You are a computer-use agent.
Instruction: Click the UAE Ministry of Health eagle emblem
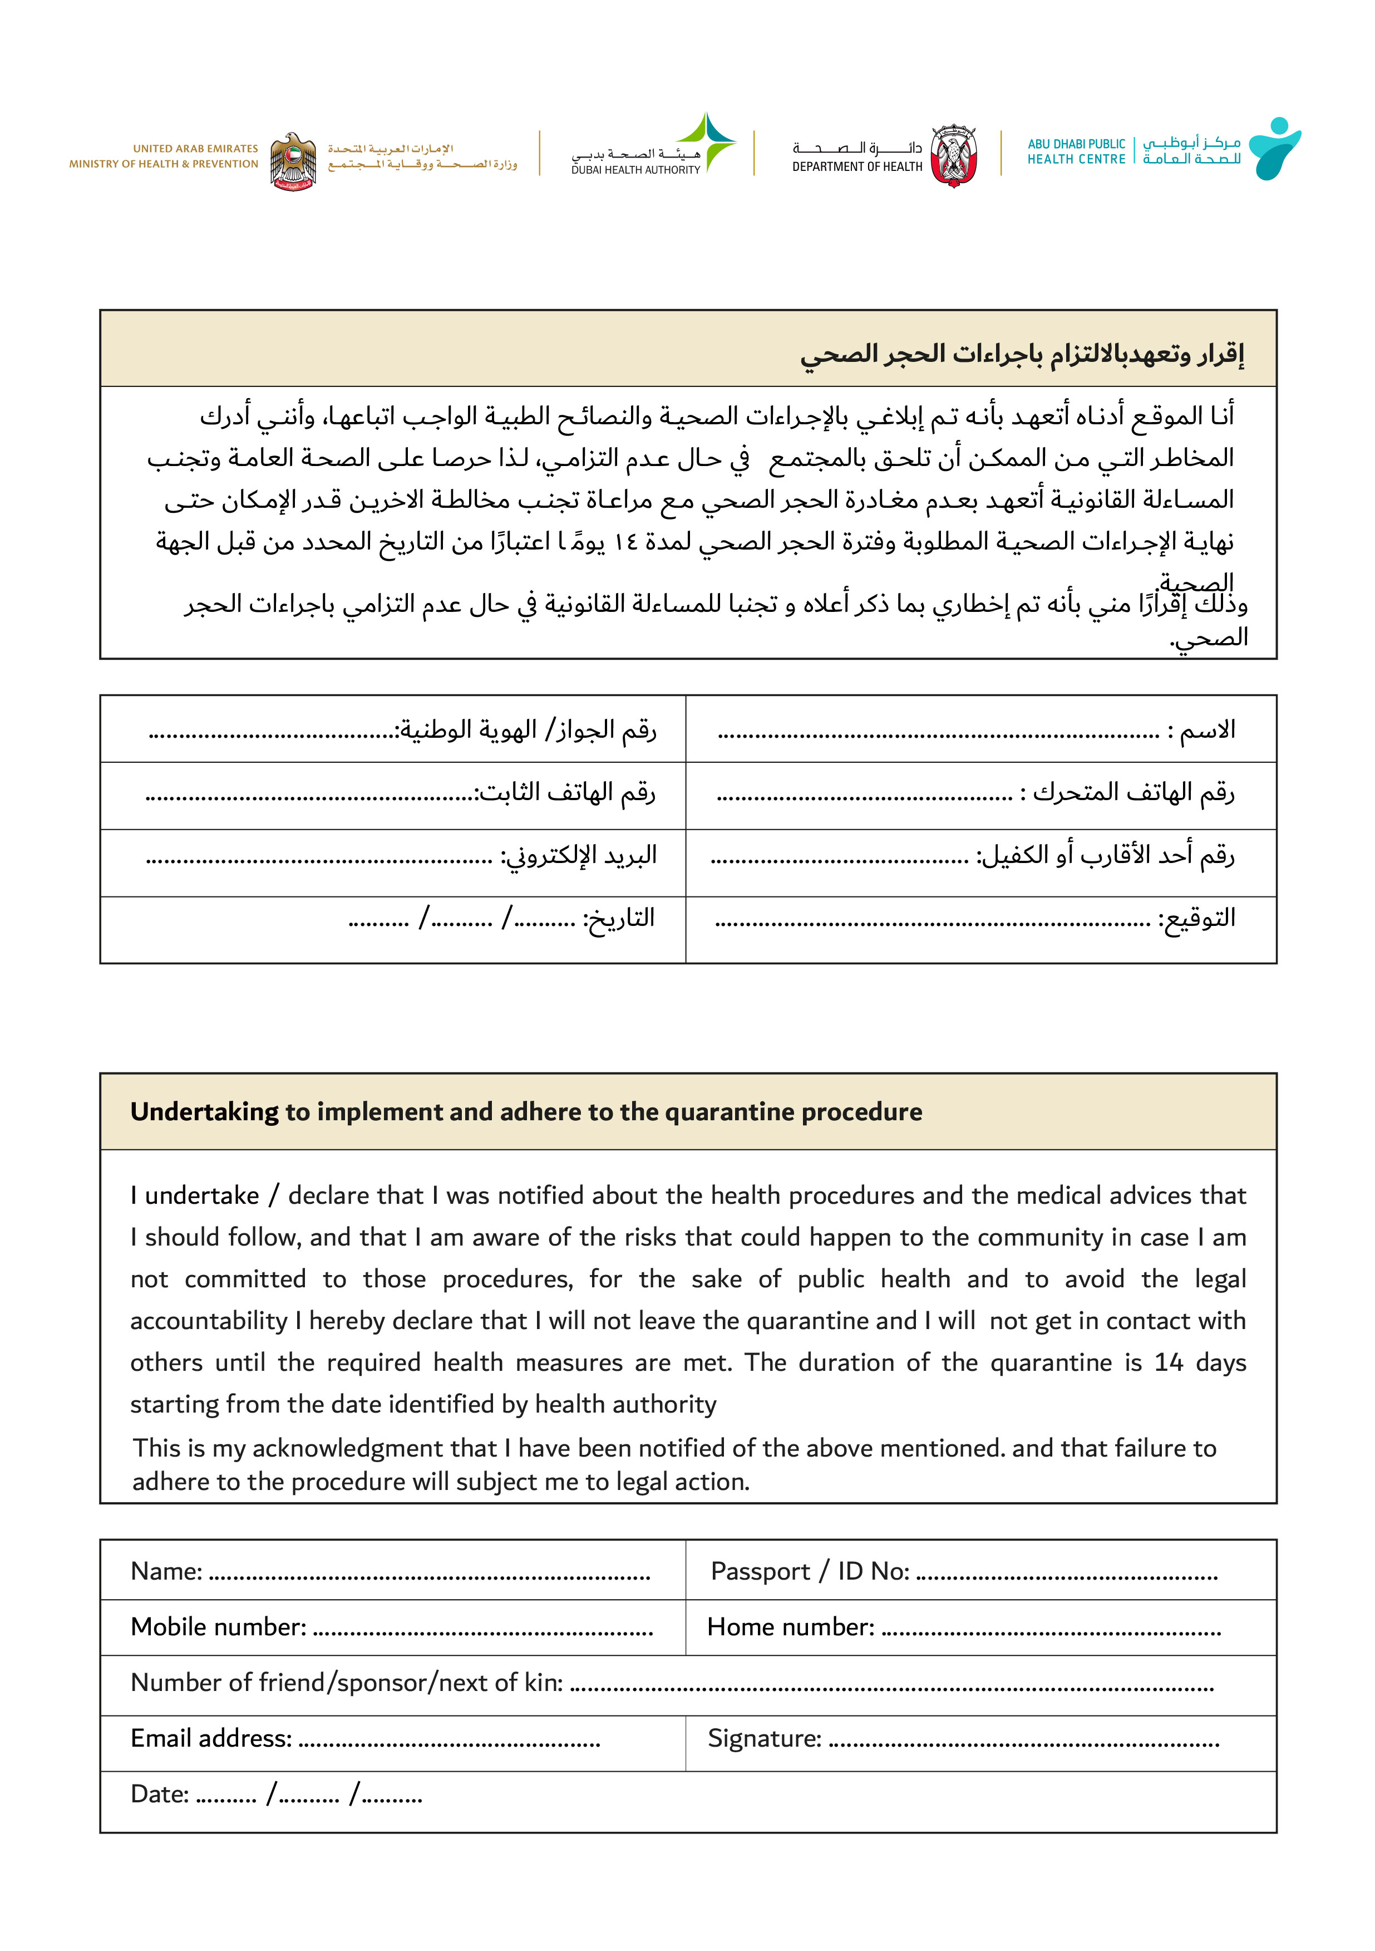[x=293, y=160]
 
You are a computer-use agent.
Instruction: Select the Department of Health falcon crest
[x=953, y=155]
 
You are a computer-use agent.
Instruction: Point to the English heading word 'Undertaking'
[x=204, y=1111]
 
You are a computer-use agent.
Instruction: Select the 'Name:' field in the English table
[x=166, y=1571]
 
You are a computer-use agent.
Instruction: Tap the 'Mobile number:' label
[x=218, y=1626]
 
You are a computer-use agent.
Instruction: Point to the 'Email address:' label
[x=211, y=1738]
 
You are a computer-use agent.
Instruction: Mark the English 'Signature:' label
[x=765, y=1738]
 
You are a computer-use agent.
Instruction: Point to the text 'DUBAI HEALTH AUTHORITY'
[x=635, y=170]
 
